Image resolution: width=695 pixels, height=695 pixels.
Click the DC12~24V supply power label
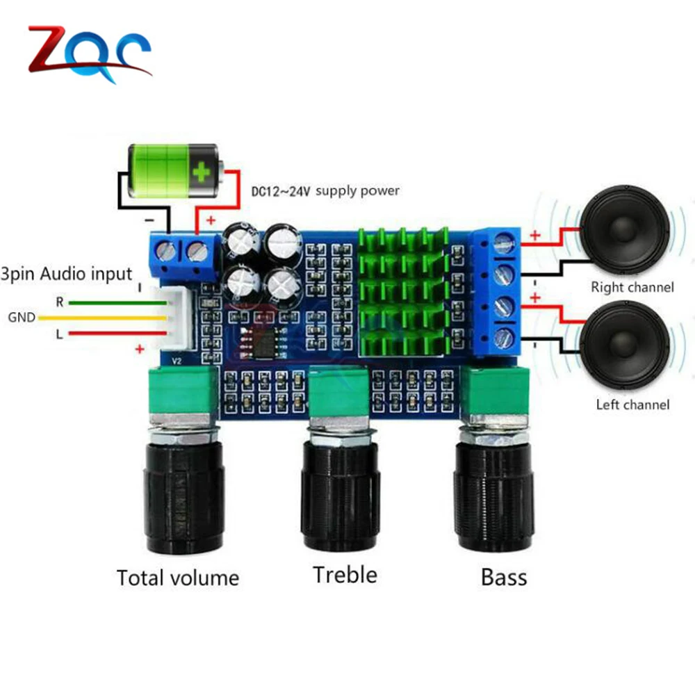(323, 190)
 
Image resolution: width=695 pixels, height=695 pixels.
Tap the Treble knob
(341, 490)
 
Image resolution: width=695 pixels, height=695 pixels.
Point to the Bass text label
(503, 577)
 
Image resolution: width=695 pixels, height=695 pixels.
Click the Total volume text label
(177, 578)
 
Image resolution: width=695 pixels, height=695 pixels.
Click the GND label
(22, 318)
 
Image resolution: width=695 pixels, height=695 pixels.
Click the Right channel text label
(632, 286)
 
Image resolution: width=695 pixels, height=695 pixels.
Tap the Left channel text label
(632, 404)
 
